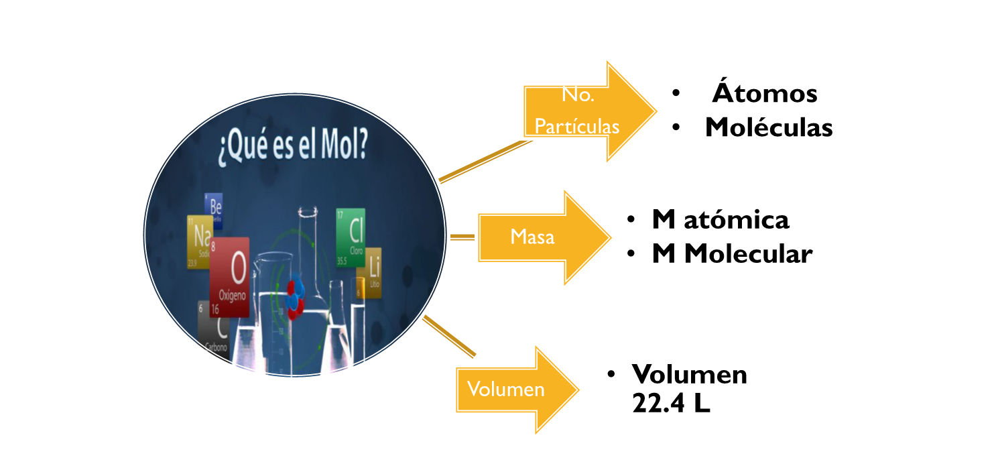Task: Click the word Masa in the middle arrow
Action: tap(532, 237)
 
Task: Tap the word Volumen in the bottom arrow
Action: tap(505, 389)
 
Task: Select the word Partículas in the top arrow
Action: tap(576, 126)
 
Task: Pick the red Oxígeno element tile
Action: tap(230, 276)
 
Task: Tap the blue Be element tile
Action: tap(214, 207)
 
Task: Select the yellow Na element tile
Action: tap(199, 240)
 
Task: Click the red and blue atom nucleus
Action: tap(296, 299)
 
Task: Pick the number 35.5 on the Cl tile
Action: tap(342, 260)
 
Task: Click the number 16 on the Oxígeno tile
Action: tap(215, 309)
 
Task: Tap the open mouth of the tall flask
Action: tap(308, 212)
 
